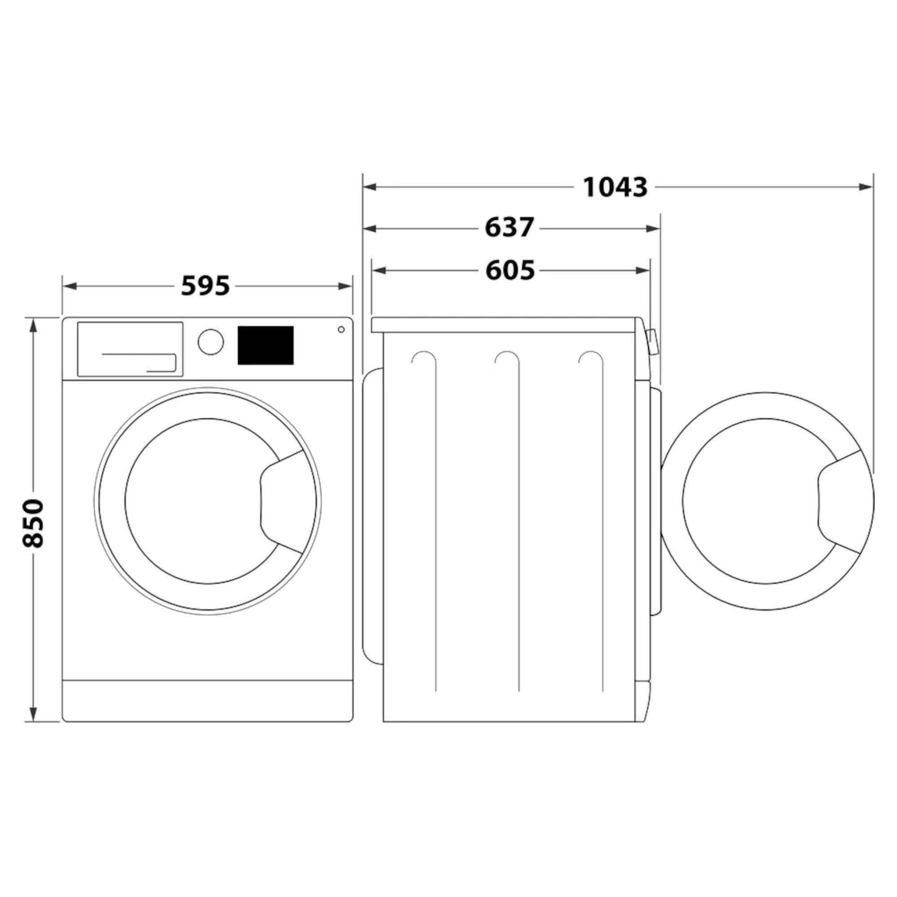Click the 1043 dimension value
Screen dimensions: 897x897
(x=614, y=187)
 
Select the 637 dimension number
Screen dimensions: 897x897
(x=509, y=228)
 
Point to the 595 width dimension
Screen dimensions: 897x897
(x=205, y=286)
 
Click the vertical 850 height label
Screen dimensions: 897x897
(x=34, y=523)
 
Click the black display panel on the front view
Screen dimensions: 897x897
(x=265, y=345)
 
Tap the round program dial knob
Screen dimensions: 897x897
(x=210, y=342)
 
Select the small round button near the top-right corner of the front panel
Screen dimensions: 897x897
(x=341, y=329)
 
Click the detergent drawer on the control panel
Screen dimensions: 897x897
(x=130, y=348)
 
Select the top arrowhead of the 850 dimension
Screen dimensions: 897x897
(x=33, y=326)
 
